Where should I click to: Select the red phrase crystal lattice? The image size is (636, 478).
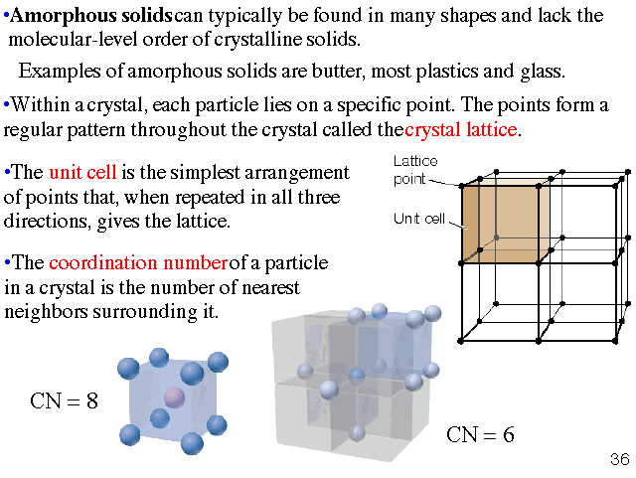coord(462,130)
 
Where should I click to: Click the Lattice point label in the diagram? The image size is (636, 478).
coord(415,170)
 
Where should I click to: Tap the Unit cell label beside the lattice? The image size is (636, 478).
coord(417,219)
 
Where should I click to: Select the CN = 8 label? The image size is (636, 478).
coord(65,402)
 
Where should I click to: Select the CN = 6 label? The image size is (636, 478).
coord(480,434)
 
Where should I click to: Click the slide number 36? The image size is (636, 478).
coord(619,459)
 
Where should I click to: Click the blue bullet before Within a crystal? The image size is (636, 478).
coord(7,104)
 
